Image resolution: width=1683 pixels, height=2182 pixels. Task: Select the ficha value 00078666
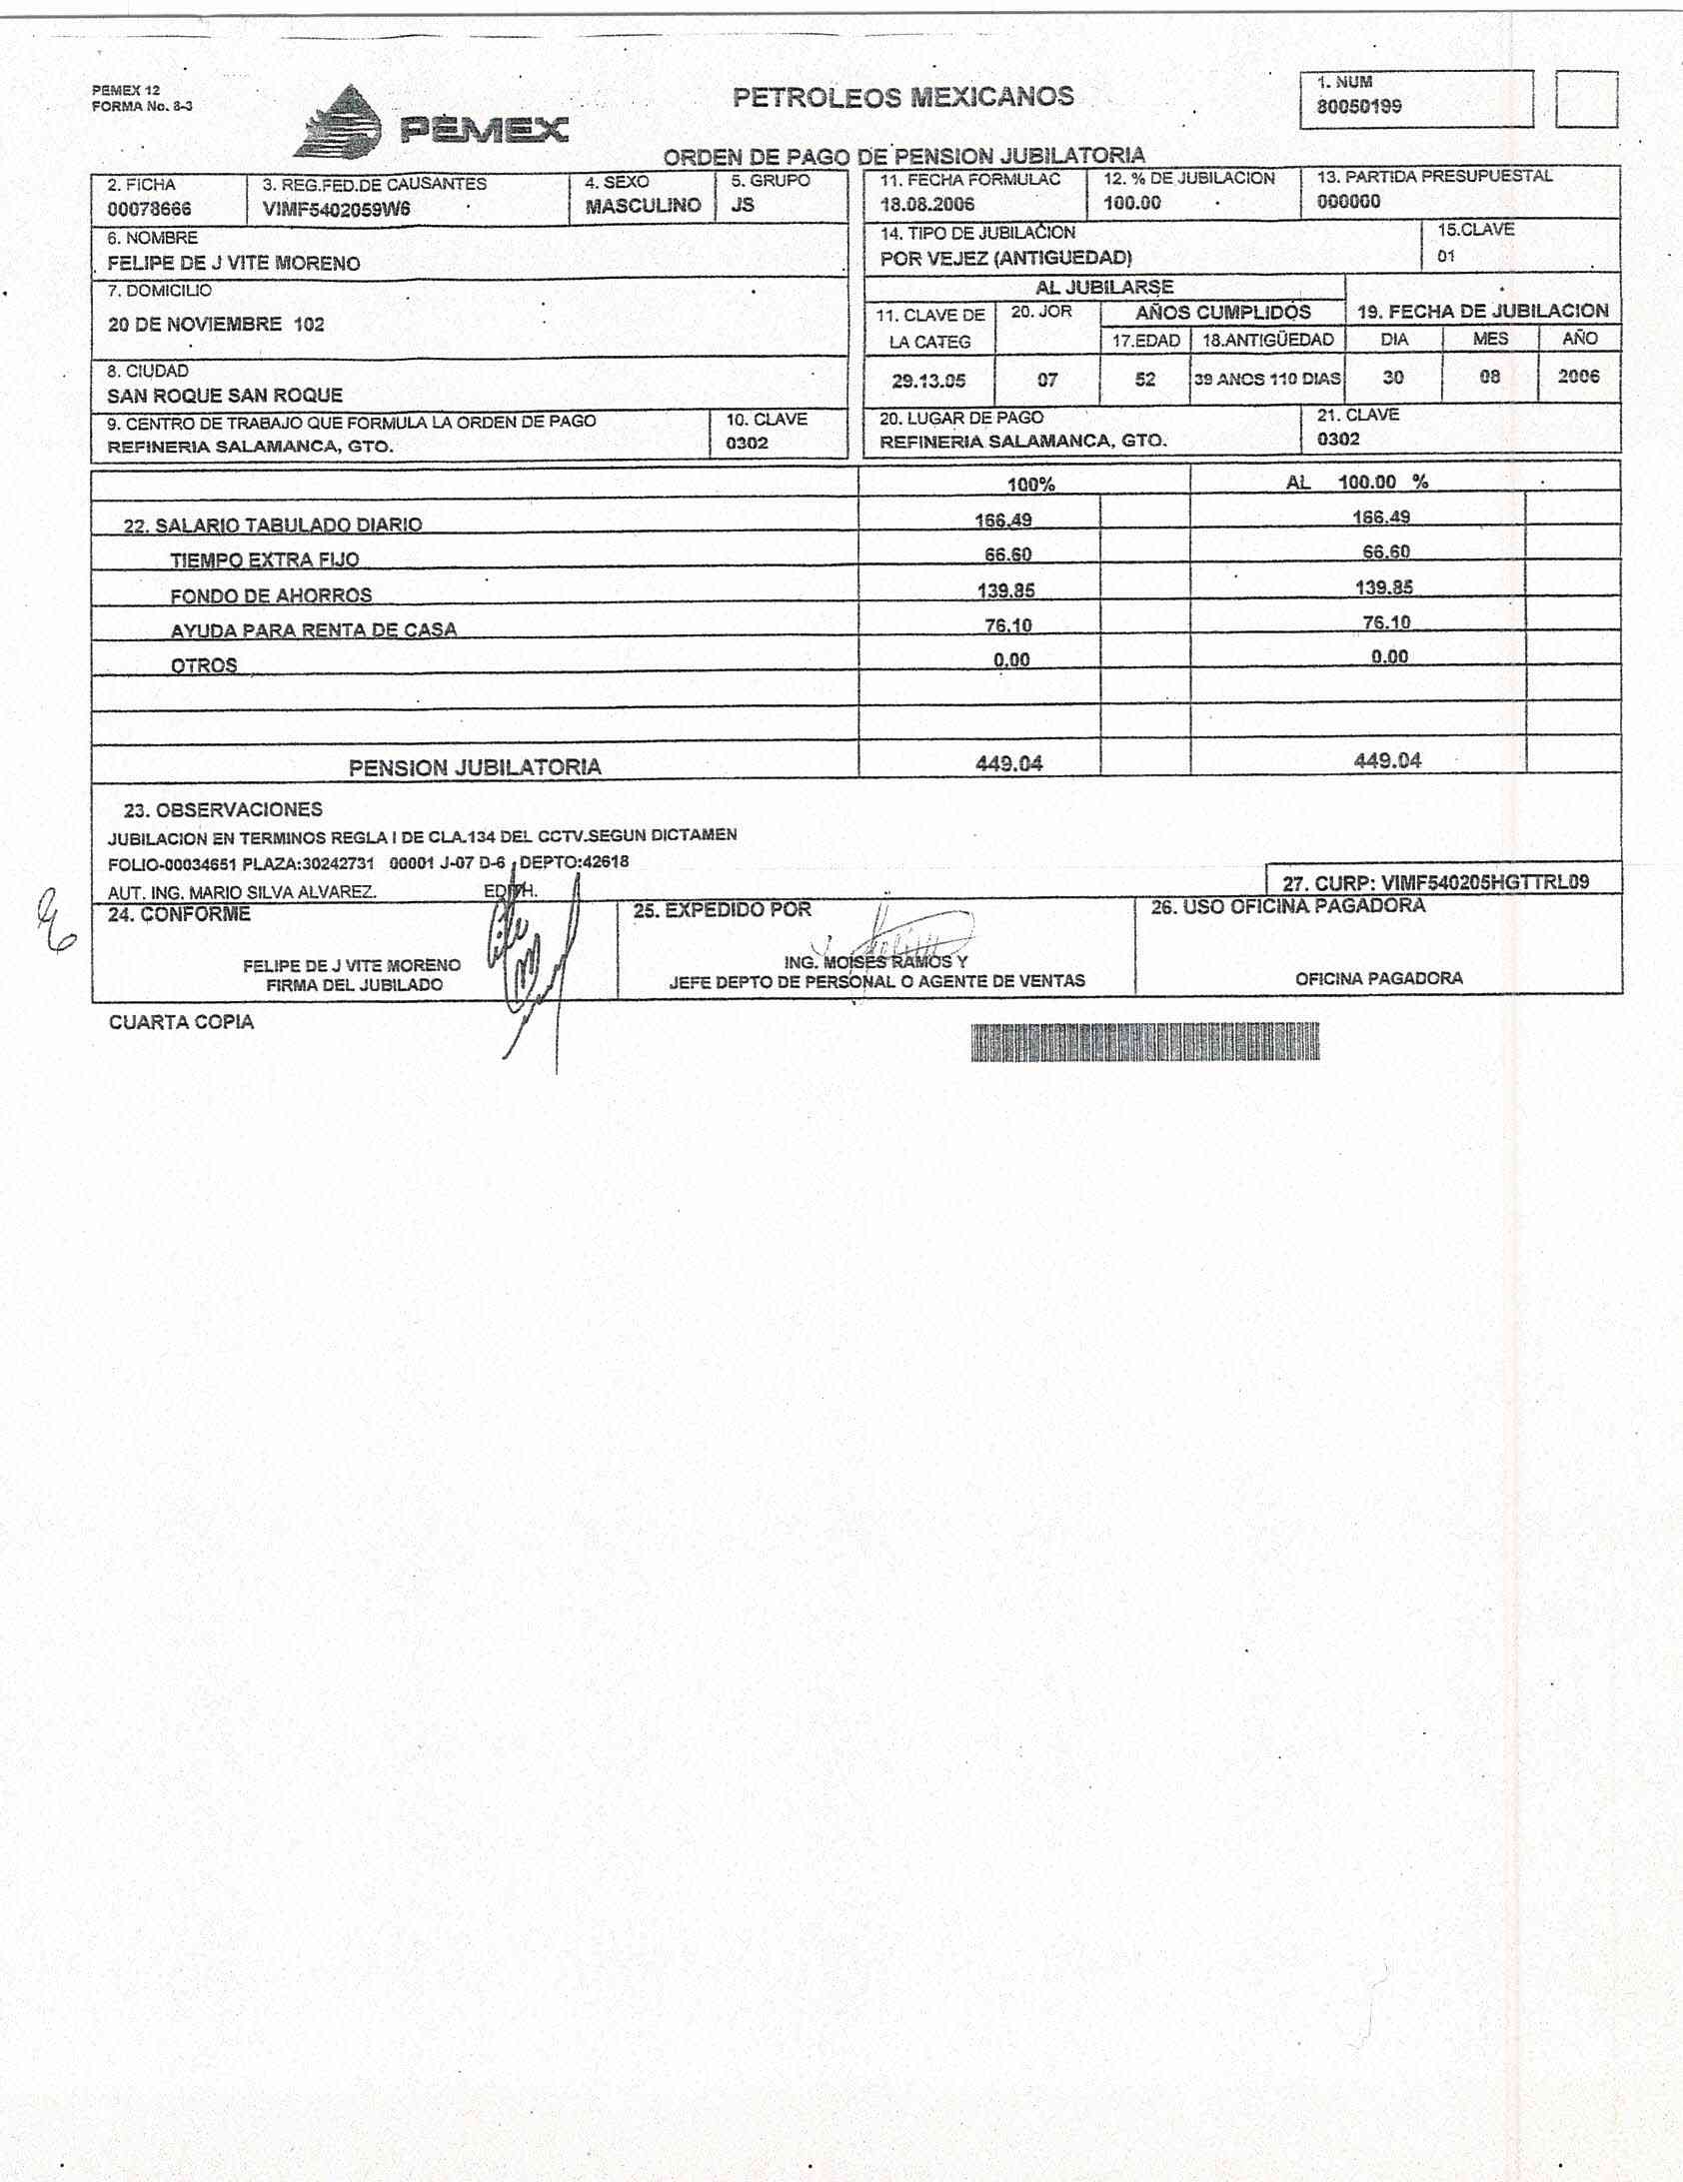[149, 209]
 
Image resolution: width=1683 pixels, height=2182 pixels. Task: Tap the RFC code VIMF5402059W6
[336, 209]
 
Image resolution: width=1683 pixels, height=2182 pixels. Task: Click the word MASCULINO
[643, 206]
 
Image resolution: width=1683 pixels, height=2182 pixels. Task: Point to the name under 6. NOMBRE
[234, 264]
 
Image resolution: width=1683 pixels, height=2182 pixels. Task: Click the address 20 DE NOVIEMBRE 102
[216, 325]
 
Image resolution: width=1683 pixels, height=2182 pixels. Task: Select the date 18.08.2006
[926, 204]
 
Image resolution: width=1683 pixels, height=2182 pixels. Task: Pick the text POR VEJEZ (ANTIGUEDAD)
[1005, 258]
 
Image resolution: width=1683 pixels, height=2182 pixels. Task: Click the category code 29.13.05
[928, 381]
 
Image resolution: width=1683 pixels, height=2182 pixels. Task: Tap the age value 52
[1144, 380]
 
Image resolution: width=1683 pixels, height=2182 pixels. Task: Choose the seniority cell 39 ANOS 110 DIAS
[1267, 380]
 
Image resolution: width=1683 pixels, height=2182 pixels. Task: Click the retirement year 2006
[1578, 377]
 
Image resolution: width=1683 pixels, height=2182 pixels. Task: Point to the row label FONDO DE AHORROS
[271, 595]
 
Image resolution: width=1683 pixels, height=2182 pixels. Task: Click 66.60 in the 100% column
[1007, 554]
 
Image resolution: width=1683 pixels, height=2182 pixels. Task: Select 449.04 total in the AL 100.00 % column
[1387, 760]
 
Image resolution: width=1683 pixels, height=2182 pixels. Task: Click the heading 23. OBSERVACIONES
[223, 809]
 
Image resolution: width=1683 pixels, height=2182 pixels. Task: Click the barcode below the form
[1144, 1042]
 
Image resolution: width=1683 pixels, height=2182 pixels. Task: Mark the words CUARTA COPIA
[181, 1022]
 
